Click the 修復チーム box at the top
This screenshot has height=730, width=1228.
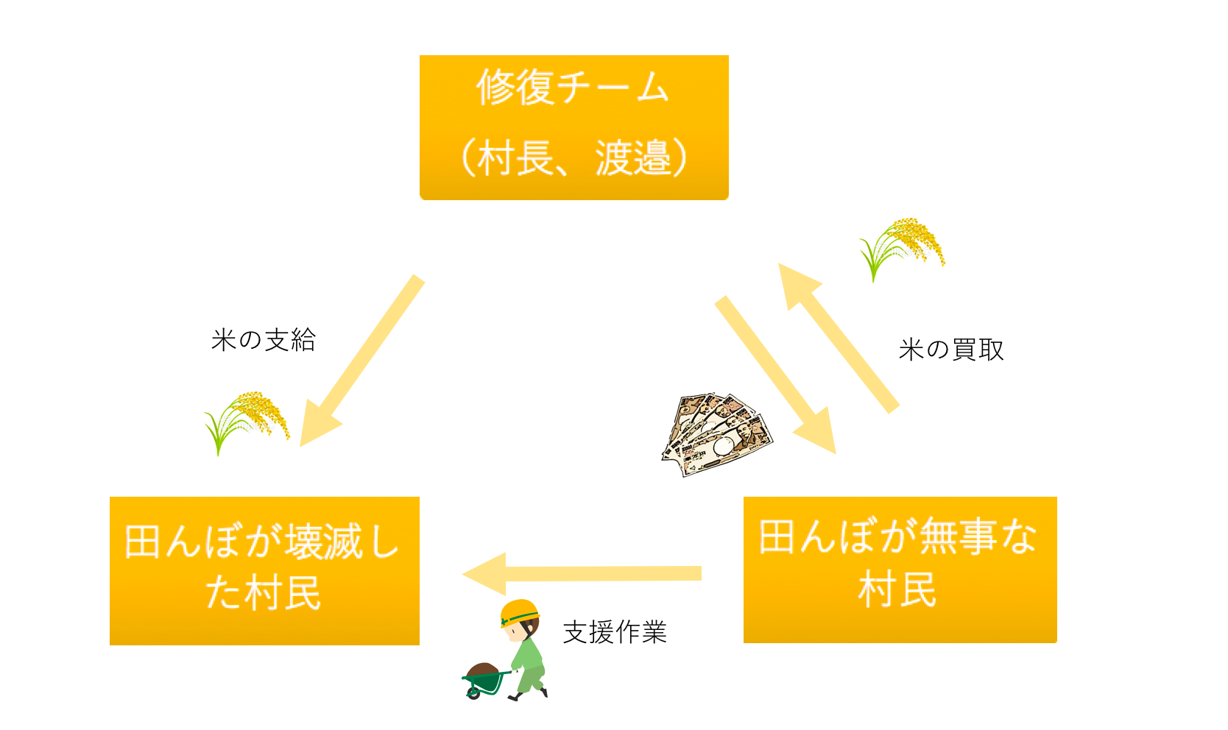(x=574, y=127)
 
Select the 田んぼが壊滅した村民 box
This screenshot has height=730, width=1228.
(x=264, y=570)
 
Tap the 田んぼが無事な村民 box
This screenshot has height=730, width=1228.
(x=900, y=569)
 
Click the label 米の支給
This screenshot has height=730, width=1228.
(x=264, y=340)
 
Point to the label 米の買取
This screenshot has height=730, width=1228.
(x=951, y=350)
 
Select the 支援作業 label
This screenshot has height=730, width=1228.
(x=615, y=632)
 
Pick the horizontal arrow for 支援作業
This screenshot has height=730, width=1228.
(x=582, y=573)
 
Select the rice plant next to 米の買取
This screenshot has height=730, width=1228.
(x=901, y=247)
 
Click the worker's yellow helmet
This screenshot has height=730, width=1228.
(x=520, y=612)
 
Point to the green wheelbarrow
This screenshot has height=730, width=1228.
(x=484, y=680)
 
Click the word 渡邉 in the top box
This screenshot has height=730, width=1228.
(x=633, y=158)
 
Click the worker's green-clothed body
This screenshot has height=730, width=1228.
(x=529, y=659)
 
